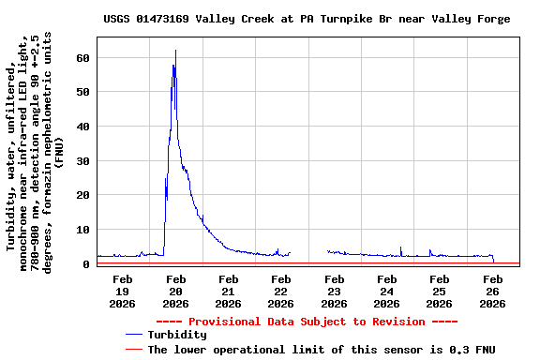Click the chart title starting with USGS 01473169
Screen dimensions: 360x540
pyautogui.click(x=307, y=19)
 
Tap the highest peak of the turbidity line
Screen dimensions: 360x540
pyautogui.click(x=175, y=51)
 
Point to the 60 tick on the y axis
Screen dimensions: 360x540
pyautogui.click(x=83, y=57)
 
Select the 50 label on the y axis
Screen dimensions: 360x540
pyautogui.click(x=83, y=92)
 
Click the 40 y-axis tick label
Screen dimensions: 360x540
pyautogui.click(x=83, y=127)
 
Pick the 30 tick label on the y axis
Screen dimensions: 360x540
pyautogui.click(x=83, y=160)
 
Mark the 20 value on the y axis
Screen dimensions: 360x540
pyautogui.click(x=83, y=195)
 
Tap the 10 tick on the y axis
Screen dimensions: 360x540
pyautogui.click(x=83, y=230)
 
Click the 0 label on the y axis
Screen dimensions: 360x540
pyautogui.click(x=86, y=263)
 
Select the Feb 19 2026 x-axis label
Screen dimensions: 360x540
pyautogui.click(x=123, y=291)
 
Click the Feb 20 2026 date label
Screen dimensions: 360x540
pyautogui.click(x=175, y=291)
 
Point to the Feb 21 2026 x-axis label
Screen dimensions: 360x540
pyautogui.click(x=228, y=291)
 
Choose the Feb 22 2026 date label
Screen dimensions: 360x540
pyautogui.click(x=280, y=291)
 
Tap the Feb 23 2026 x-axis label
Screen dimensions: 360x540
pyautogui.click(x=334, y=291)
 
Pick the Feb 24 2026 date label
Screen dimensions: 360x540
pyautogui.click(x=386, y=291)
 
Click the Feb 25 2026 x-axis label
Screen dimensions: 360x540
pyautogui.click(x=439, y=291)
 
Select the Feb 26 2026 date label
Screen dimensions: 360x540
pyautogui.click(x=492, y=291)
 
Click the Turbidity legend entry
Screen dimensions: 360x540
pyautogui.click(x=177, y=335)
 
